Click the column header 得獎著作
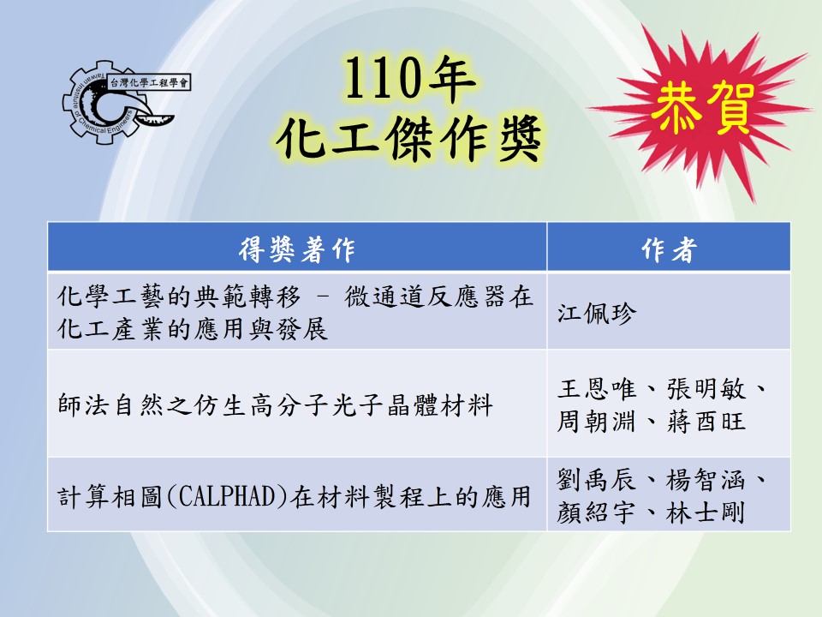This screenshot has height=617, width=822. [x=297, y=249]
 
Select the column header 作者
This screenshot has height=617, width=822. [x=670, y=249]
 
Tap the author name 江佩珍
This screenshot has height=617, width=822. [x=597, y=314]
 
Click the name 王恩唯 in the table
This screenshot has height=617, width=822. [x=597, y=389]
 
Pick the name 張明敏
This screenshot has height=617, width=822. [x=706, y=389]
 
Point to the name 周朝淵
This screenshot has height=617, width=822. [x=597, y=422]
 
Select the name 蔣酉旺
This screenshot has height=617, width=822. [x=706, y=422]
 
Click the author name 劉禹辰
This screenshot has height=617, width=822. [x=597, y=480]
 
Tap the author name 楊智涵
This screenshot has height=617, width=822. [x=706, y=480]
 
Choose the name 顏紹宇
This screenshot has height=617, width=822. [x=597, y=512]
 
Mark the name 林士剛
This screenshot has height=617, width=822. [x=706, y=512]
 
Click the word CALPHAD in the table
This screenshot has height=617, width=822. [x=228, y=496]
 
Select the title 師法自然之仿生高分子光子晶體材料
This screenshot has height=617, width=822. [x=275, y=405]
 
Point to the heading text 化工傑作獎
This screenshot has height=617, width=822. [x=408, y=139]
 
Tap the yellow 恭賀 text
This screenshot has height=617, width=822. [x=703, y=109]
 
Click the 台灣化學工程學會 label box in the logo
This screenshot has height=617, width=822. [x=149, y=82]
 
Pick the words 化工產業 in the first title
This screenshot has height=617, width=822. [x=110, y=329]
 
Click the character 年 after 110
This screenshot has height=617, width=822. [x=451, y=79]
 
